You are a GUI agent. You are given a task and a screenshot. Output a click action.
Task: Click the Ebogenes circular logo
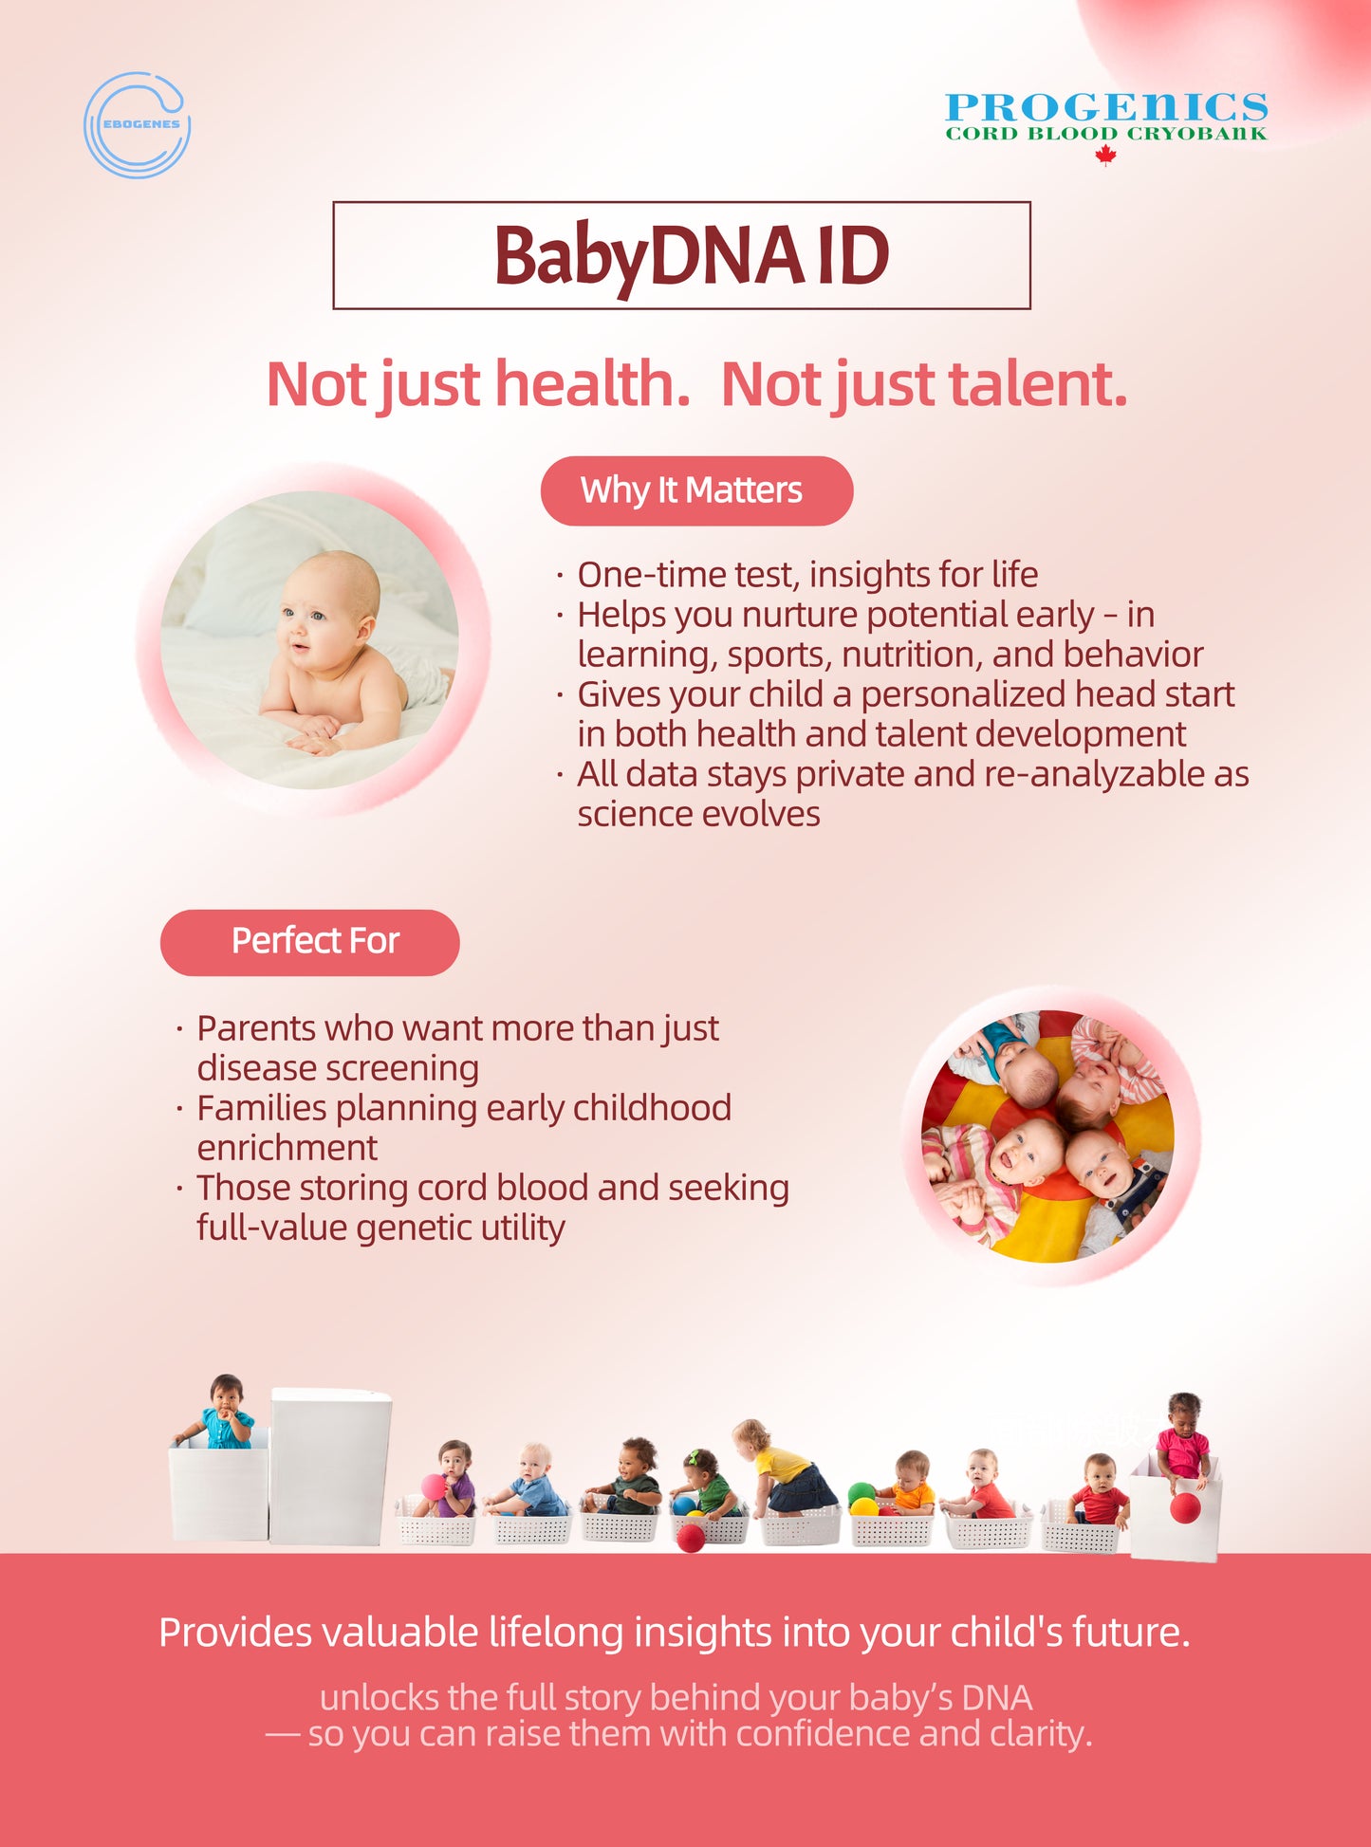coord(138,125)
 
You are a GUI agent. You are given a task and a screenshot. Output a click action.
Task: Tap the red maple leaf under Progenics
coord(1105,156)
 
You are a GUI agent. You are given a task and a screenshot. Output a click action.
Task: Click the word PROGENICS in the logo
coord(1106,107)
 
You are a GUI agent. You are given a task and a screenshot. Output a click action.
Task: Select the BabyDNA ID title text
coord(691,256)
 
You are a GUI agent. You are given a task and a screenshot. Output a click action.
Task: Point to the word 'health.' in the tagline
coord(592,384)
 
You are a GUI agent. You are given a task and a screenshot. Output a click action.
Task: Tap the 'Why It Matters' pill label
coord(696,490)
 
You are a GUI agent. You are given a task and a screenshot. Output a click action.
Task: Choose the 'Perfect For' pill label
coord(310,942)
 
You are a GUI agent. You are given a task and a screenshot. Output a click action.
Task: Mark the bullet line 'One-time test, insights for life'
coord(807,575)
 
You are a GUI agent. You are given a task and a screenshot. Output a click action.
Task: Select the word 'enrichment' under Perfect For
coord(287,1148)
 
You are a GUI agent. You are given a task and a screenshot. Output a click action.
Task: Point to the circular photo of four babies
coord(1047,1136)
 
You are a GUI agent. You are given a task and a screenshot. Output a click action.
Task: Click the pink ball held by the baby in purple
coord(433,1487)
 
